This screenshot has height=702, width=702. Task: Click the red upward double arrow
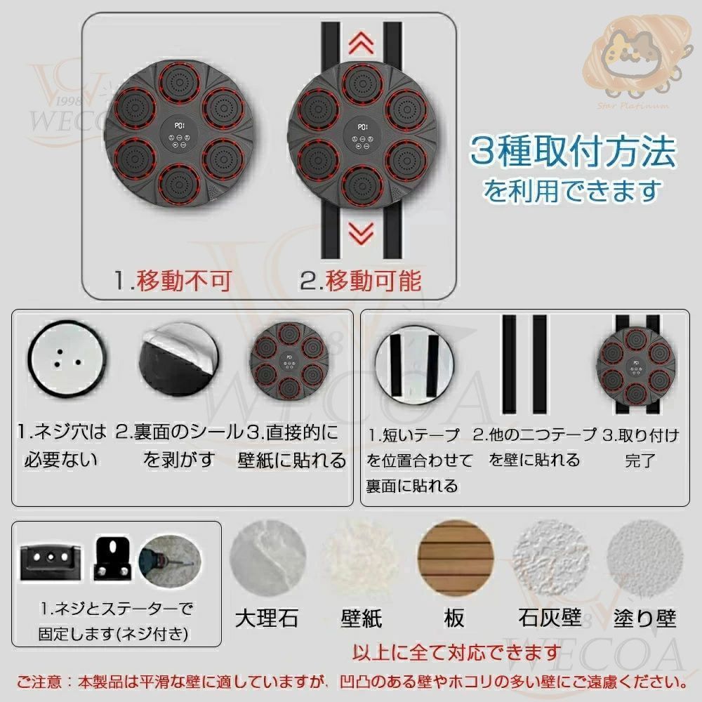coord(361,43)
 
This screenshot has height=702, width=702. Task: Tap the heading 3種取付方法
coord(573,152)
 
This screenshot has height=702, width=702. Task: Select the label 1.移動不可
coord(173,282)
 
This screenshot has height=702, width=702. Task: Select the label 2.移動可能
coord(361,282)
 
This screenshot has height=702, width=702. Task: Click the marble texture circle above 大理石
coord(267,558)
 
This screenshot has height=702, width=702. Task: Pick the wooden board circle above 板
coord(455,558)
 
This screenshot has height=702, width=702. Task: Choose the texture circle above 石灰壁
coord(550,558)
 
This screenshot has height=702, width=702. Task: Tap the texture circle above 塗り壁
coord(644,558)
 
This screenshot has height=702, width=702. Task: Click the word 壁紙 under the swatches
coord(361,618)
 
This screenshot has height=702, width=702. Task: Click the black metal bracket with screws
coord(112,558)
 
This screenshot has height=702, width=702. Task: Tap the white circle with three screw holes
coord(67,359)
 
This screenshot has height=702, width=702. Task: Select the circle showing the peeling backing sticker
coord(179,359)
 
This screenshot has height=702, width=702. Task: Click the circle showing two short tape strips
coord(413,364)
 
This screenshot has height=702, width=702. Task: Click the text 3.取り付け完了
coord(640,447)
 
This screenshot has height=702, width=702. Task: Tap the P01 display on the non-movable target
coord(179,126)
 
